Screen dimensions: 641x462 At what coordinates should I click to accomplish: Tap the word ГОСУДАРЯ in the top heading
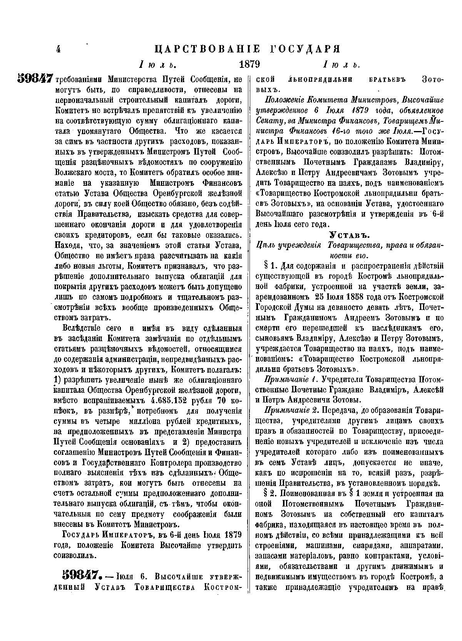[x=302, y=49]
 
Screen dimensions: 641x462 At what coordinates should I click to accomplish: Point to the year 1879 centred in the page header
[x=249, y=64]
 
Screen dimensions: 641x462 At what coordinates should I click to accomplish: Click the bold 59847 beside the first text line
[x=35, y=78]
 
